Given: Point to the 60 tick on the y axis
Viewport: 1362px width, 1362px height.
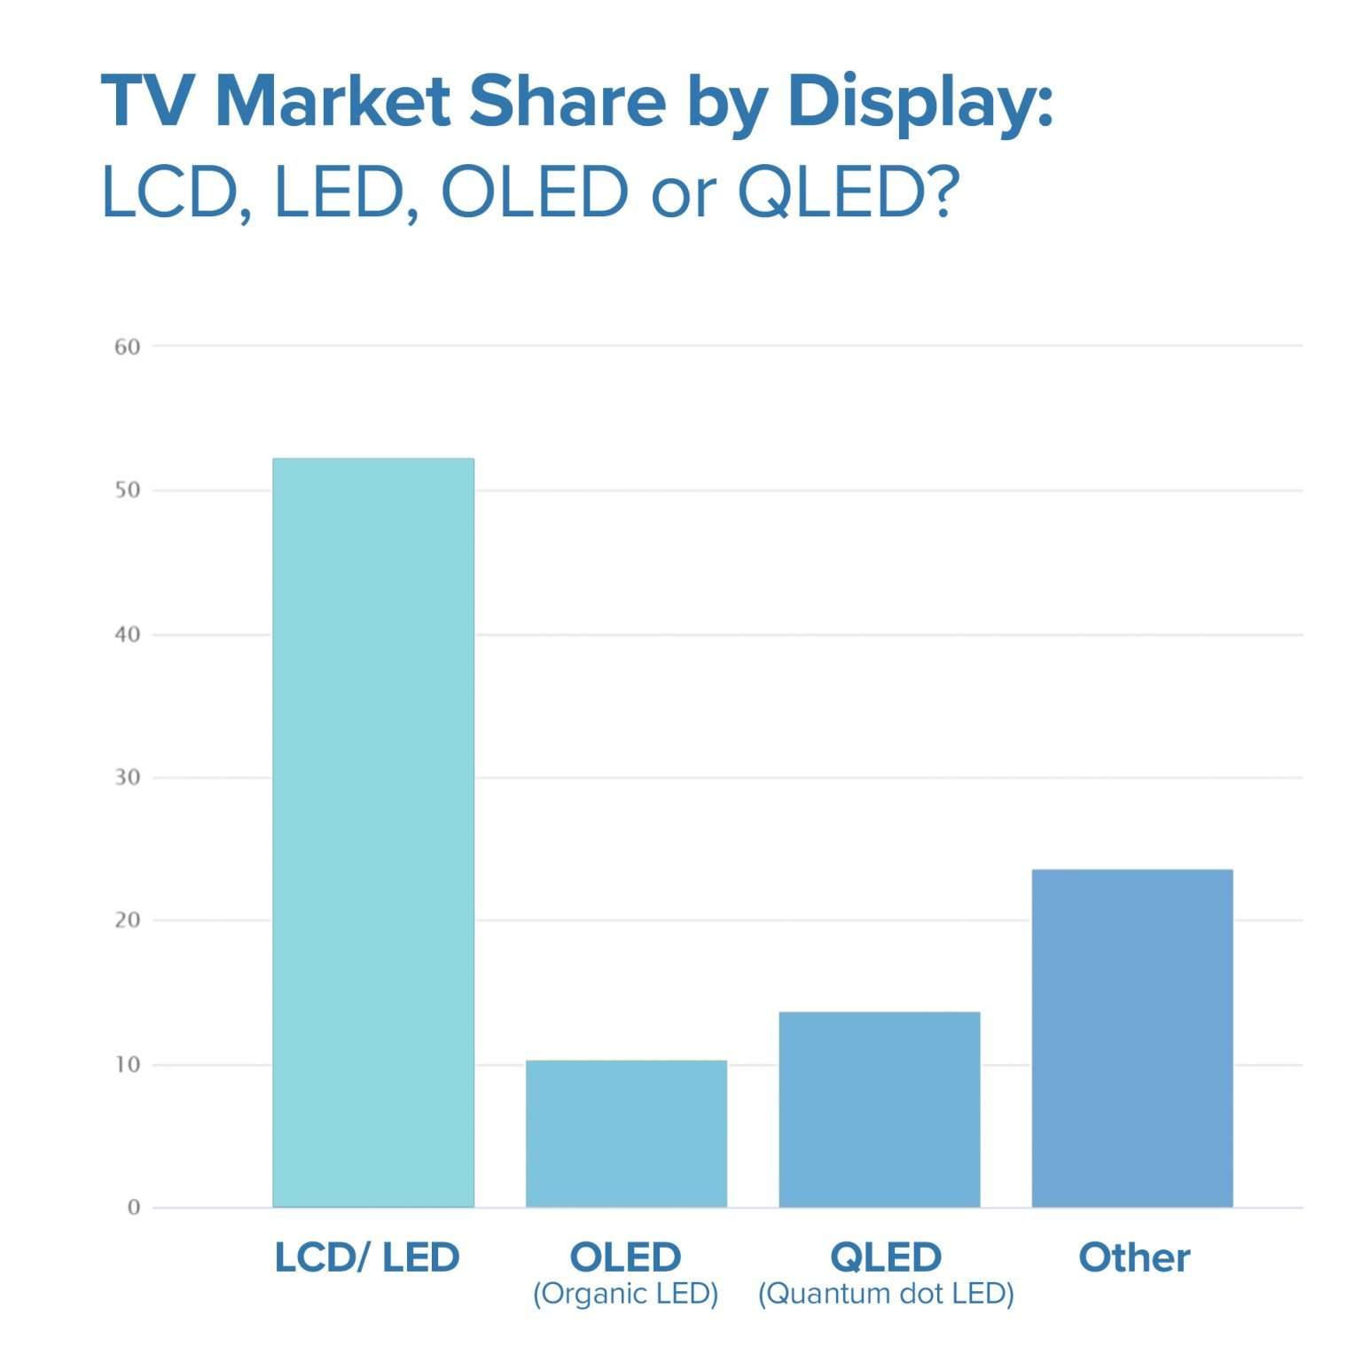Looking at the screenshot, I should pyautogui.click(x=128, y=347).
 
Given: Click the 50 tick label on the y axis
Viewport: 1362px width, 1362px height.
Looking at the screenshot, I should pyautogui.click(x=128, y=490).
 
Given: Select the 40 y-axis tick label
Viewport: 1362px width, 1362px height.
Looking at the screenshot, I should pyautogui.click(x=128, y=635).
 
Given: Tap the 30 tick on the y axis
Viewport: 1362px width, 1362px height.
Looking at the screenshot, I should pyautogui.click(x=128, y=778).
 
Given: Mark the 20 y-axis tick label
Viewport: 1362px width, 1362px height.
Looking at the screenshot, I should pyautogui.click(x=128, y=920).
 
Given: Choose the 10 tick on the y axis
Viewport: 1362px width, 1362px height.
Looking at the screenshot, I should pyautogui.click(x=128, y=1065).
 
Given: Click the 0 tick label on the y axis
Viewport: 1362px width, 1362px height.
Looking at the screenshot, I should pyautogui.click(x=134, y=1208).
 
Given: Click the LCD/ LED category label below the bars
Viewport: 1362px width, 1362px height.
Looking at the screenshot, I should pyautogui.click(x=367, y=1257).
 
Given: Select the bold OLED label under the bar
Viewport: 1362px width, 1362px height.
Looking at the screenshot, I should pyautogui.click(x=625, y=1257).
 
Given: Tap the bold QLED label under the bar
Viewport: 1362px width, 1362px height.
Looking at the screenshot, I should pyautogui.click(x=886, y=1257).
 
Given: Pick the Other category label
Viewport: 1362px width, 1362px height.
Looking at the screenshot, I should pyautogui.click(x=1134, y=1257).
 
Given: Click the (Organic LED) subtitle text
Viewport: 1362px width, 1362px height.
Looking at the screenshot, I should pyautogui.click(x=625, y=1294).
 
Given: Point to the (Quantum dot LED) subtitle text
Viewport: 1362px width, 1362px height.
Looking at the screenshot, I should pyautogui.click(x=886, y=1294).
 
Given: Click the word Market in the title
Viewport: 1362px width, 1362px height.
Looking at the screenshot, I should pyautogui.click(x=333, y=101).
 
